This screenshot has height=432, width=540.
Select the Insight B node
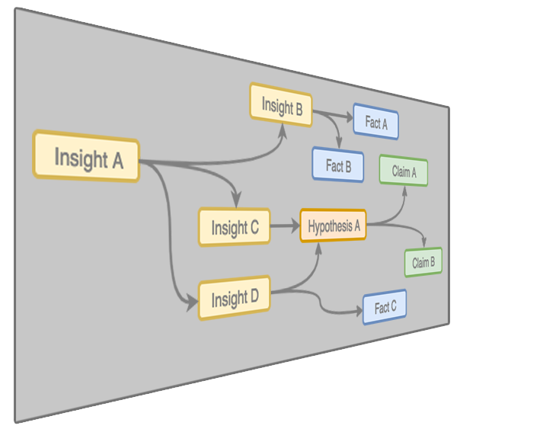coord(280,104)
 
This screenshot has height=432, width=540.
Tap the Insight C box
coord(234,226)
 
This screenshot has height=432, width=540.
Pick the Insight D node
coord(234,298)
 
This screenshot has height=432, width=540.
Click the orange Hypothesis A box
coord(333,226)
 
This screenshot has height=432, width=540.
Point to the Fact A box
coord(375,121)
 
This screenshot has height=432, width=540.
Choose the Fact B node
coord(338,165)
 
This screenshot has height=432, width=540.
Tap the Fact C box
coord(385,307)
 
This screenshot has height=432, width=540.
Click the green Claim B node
coord(423,262)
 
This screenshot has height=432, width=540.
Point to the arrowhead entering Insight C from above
coord(236,200)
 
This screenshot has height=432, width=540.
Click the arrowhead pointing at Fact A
coord(347,117)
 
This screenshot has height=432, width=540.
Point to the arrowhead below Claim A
coord(404,190)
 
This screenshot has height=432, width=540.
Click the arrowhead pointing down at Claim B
coord(424,242)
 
